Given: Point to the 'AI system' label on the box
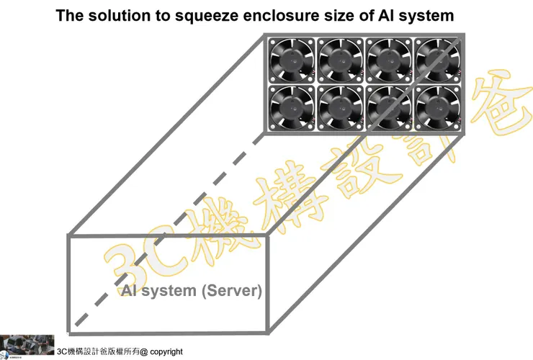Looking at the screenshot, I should (158, 291).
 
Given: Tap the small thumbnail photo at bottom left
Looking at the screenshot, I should (27, 345).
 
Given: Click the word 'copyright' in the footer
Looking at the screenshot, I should (166, 352).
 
